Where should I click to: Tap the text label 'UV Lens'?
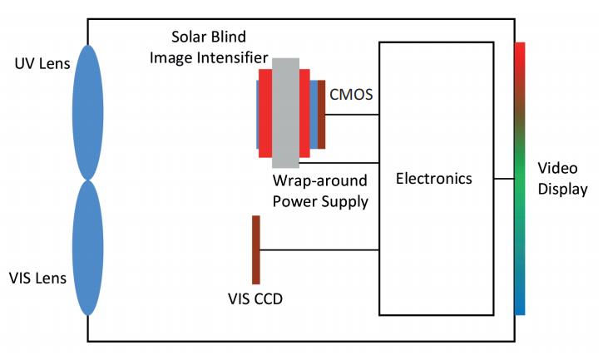(x=41, y=63)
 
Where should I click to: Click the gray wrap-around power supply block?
(x=285, y=112)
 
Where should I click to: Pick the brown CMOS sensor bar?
(x=321, y=114)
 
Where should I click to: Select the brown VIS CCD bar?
(x=256, y=249)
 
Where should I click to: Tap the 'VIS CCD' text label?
(x=255, y=298)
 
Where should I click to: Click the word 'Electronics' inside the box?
(x=433, y=178)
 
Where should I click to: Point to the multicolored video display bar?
(x=519, y=178)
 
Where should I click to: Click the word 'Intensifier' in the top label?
(x=234, y=58)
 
